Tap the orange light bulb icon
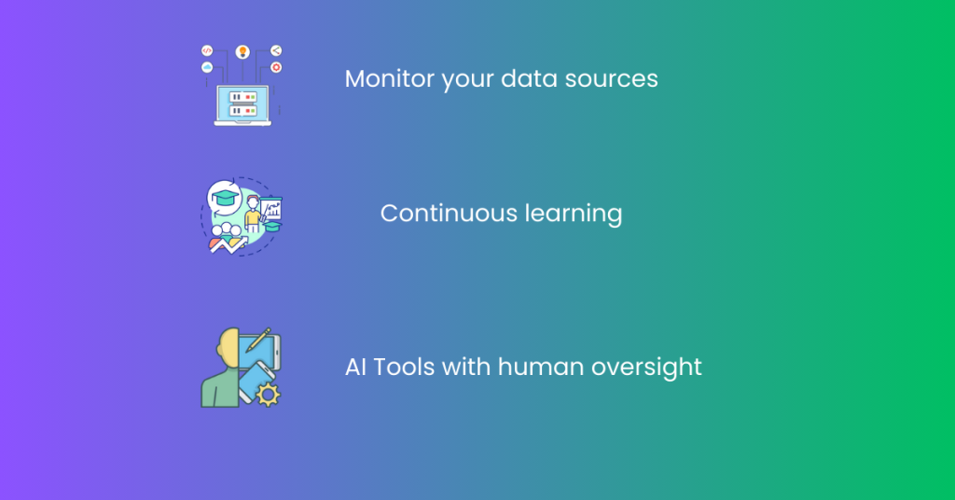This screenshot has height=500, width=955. click(x=242, y=51)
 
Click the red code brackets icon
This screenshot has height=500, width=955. click(x=207, y=50)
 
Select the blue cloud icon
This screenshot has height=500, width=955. click(x=207, y=67)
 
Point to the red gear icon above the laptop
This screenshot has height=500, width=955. click(x=276, y=67)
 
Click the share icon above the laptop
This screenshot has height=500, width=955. click(x=276, y=50)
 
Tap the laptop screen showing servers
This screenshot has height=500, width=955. click(x=242, y=104)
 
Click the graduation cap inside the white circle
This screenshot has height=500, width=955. click(x=225, y=198)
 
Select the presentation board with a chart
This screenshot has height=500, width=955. click(x=271, y=209)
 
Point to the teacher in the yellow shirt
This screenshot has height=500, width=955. click(x=252, y=214)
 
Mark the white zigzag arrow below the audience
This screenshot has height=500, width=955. click(x=228, y=245)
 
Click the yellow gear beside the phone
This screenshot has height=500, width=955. click(x=268, y=395)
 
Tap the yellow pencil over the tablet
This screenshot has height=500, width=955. click(x=258, y=340)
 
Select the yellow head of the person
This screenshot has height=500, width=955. click(x=228, y=349)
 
